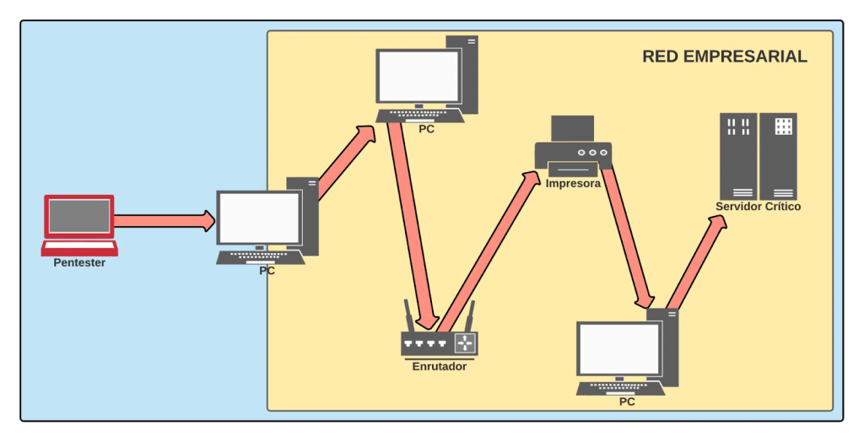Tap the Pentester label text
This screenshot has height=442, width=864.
[x=79, y=263]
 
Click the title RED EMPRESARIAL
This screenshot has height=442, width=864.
[x=724, y=57]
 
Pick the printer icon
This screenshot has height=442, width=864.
[x=573, y=146]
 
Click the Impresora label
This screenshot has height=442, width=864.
[x=573, y=183]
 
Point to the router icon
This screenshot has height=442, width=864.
[x=439, y=342]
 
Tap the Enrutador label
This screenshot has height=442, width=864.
[x=439, y=367]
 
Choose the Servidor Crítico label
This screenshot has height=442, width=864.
[x=758, y=207]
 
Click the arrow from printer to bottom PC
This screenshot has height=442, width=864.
[x=627, y=236]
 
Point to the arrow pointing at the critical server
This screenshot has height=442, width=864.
[x=696, y=261]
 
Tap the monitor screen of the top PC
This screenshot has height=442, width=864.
[x=418, y=76]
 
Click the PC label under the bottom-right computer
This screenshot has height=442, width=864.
[x=627, y=402]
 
